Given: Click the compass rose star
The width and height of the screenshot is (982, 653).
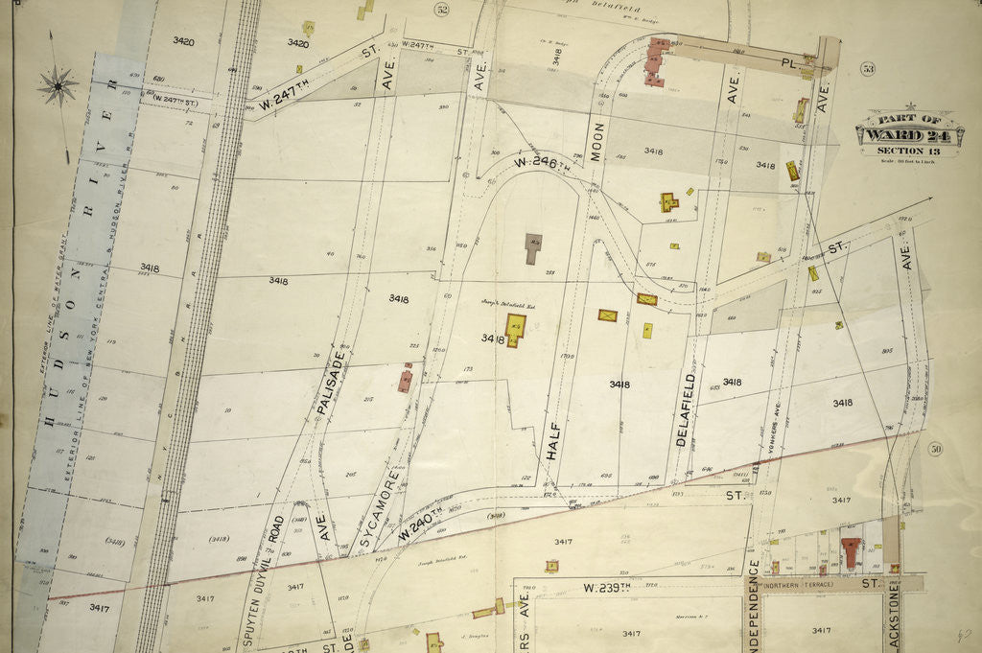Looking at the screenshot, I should coord(58,86).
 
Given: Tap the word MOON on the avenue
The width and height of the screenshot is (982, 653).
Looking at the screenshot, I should coord(596,142).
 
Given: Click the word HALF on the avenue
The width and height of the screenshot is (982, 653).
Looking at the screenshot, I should coord(552,441).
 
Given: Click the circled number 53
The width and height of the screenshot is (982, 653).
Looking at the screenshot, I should coord(868,68).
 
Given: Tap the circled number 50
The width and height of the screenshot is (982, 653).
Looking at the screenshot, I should coord(936,450).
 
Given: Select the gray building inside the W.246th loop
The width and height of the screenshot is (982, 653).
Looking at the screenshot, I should coord(532,247).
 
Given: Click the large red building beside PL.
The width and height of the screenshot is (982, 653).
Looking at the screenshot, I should coord(657,61).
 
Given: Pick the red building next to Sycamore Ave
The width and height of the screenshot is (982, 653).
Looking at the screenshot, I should coord(406,379).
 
